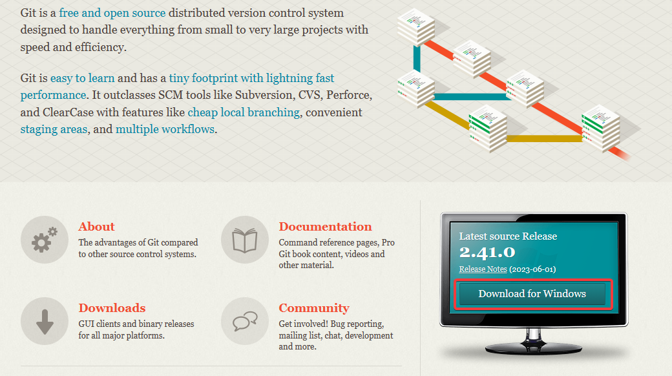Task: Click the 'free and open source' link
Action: click(x=112, y=13)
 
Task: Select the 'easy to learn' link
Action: click(x=82, y=78)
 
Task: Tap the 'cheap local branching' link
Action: click(x=244, y=112)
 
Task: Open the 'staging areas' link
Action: click(x=54, y=129)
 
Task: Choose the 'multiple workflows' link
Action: click(x=165, y=129)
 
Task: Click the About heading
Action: click(x=96, y=226)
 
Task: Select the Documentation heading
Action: click(x=325, y=226)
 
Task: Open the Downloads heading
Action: click(x=112, y=308)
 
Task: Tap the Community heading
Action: click(x=314, y=308)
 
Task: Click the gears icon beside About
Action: click(x=45, y=240)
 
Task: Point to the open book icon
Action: click(x=245, y=240)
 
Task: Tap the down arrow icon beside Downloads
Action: click(x=45, y=321)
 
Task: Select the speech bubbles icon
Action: click(x=245, y=321)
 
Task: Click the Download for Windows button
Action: click(x=532, y=294)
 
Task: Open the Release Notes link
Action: click(x=483, y=269)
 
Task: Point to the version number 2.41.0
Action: click(x=487, y=253)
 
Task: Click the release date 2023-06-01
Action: click(x=532, y=269)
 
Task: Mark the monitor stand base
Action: click(x=533, y=348)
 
